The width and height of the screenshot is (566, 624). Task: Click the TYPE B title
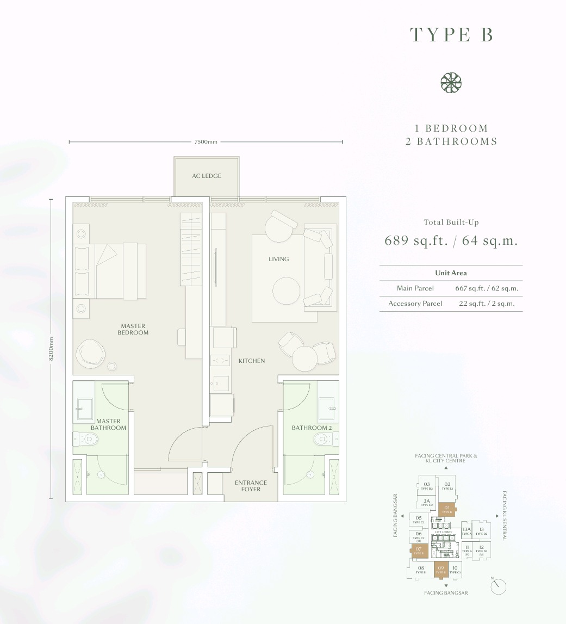[x=451, y=34]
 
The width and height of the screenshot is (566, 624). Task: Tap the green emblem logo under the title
[x=451, y=83]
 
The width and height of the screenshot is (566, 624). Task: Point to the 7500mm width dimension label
[x=206, y=142]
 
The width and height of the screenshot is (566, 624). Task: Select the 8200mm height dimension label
[x=51, y=348]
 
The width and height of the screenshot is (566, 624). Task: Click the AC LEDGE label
[x=207, y=176]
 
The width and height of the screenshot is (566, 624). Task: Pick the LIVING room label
[x=278, y=259]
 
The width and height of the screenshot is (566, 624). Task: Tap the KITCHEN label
[x=252, y=361]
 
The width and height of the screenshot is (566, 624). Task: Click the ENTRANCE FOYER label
[x=251, y=486]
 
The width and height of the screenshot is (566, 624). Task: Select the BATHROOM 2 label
[x=310, y=428]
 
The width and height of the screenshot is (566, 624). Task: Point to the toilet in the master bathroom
[x=83, y=439]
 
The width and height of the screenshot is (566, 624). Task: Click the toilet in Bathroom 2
[x=330, y=438]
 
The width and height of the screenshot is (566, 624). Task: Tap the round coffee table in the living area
[x=286, y=292]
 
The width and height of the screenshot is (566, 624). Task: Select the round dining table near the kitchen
[x=304, y=359]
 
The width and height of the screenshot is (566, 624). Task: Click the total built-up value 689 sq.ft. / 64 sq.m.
[x=451, y=240]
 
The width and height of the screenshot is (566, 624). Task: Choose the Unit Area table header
[x=451, y=273]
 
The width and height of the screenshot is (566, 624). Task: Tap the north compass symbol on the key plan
[x=497, y=586]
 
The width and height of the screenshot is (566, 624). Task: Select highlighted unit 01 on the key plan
[x=447, y=509]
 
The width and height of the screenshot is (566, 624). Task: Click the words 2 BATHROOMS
[x=451, y=141]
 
